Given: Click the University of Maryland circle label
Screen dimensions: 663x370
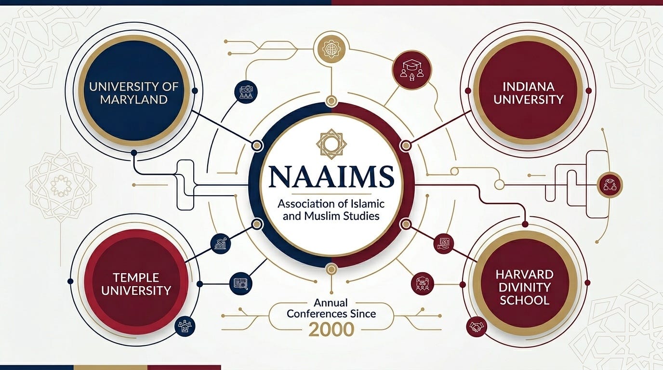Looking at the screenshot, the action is click(133, 93).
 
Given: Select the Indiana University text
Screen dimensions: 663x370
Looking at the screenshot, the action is click(528, 93).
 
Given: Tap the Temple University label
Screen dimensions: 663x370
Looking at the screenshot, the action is click(136, 284).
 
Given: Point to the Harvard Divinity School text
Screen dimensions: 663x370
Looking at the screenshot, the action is click(524, 288).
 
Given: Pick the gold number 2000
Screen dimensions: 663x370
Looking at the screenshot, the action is click(331, 330).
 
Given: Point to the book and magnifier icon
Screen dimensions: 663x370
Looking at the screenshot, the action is click(240, 283).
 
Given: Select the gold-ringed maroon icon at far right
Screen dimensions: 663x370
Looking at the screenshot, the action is click(610, 185).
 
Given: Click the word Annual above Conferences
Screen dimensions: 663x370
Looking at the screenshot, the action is click(331, 303).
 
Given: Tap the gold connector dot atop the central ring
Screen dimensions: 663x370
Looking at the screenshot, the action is click(331, 101).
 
